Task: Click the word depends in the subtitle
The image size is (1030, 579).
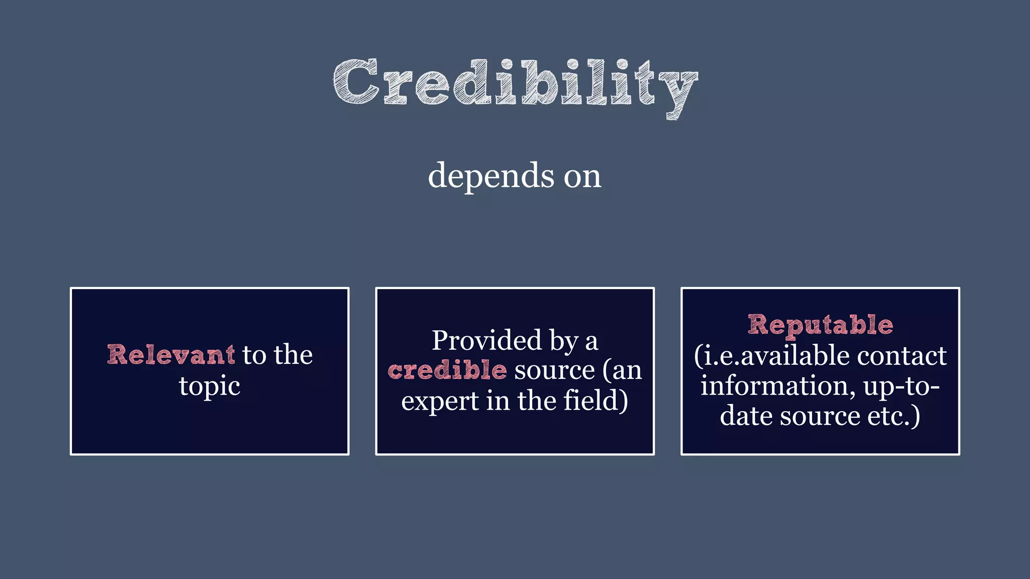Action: pos(489,176)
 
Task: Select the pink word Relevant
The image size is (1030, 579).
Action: pos(171,355)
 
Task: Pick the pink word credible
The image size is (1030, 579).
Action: pos(447,370)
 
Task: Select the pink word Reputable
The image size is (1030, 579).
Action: pos(820,325)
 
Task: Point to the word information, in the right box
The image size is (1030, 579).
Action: pos(778,386)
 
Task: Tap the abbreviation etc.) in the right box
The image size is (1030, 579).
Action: pos(895,416)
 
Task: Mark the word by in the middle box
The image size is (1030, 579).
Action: pos(564,341)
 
